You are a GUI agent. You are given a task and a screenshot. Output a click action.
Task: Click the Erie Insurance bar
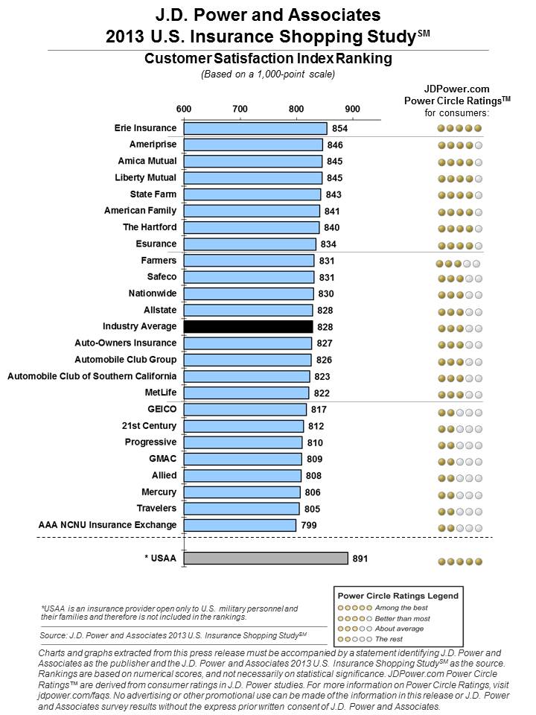(x=255, y=128)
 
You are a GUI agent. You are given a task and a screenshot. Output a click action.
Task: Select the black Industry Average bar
(x=249, y=326)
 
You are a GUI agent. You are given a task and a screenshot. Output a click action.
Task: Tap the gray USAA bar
(x=266, y=558)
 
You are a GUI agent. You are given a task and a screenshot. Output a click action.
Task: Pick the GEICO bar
(x=245, y=410)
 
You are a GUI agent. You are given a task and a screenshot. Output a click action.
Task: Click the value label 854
(x=340, y=129)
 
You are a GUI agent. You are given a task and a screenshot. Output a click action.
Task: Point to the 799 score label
(x=309, y=525)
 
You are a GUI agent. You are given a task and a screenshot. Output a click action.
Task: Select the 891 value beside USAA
(x=360, y=559)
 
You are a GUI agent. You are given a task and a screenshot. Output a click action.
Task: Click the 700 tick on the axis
(x=240, y=109)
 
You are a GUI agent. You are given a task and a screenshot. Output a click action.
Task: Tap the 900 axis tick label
(x=352, y=109)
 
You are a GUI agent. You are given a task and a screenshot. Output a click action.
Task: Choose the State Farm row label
(x=153, y=194)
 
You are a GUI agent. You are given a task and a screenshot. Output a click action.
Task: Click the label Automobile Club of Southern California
(x=92, y=376)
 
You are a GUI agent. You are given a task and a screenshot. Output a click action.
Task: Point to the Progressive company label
(x=150, y=442)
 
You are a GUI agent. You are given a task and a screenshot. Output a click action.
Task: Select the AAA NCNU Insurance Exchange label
(x=107, y=525)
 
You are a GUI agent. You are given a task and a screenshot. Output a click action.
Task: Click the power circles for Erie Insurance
(x=459, y=129)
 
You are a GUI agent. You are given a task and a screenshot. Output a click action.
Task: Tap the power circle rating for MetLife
(x=459, y=395)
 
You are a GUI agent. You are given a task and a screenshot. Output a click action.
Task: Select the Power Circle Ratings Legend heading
(x=398, y=596)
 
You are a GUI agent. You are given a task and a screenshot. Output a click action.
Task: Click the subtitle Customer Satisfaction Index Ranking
(x=268, y=58)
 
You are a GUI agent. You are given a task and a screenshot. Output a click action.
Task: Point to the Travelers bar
(x=241, y=509)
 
